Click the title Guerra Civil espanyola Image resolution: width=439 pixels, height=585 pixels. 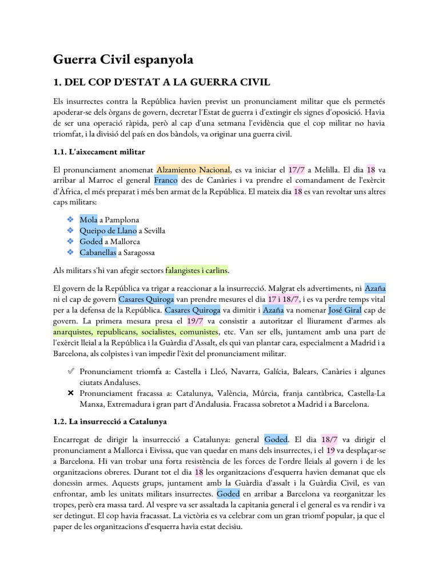pyautogui.click(x=123, y=59)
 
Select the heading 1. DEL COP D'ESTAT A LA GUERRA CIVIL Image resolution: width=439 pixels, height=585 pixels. pyautogui.click(x=161, y=83)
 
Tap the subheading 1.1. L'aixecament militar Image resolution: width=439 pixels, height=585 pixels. pyautogui.click(x=99, y=151)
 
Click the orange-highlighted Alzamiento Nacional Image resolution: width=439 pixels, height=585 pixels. pyautogui.click(x=193, y=170)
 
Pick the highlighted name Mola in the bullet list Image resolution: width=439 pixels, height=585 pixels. pyautogui.click(x=89, y=220)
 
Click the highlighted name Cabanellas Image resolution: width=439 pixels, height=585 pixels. pyautogui.click(x=98, y=252)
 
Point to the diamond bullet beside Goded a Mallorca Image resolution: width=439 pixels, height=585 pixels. pyautogui.click(x=70, y=241)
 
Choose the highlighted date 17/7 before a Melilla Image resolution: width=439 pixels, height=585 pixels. pyautogui.click(x=297, y=170)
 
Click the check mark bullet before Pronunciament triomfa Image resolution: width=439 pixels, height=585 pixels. pyautogui.click(x=70, y=371)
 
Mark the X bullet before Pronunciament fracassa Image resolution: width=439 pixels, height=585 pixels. pyautogui.click(x=70, y=393)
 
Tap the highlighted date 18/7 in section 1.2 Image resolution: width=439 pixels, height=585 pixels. pyautogui.click(x=330, y=439)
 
